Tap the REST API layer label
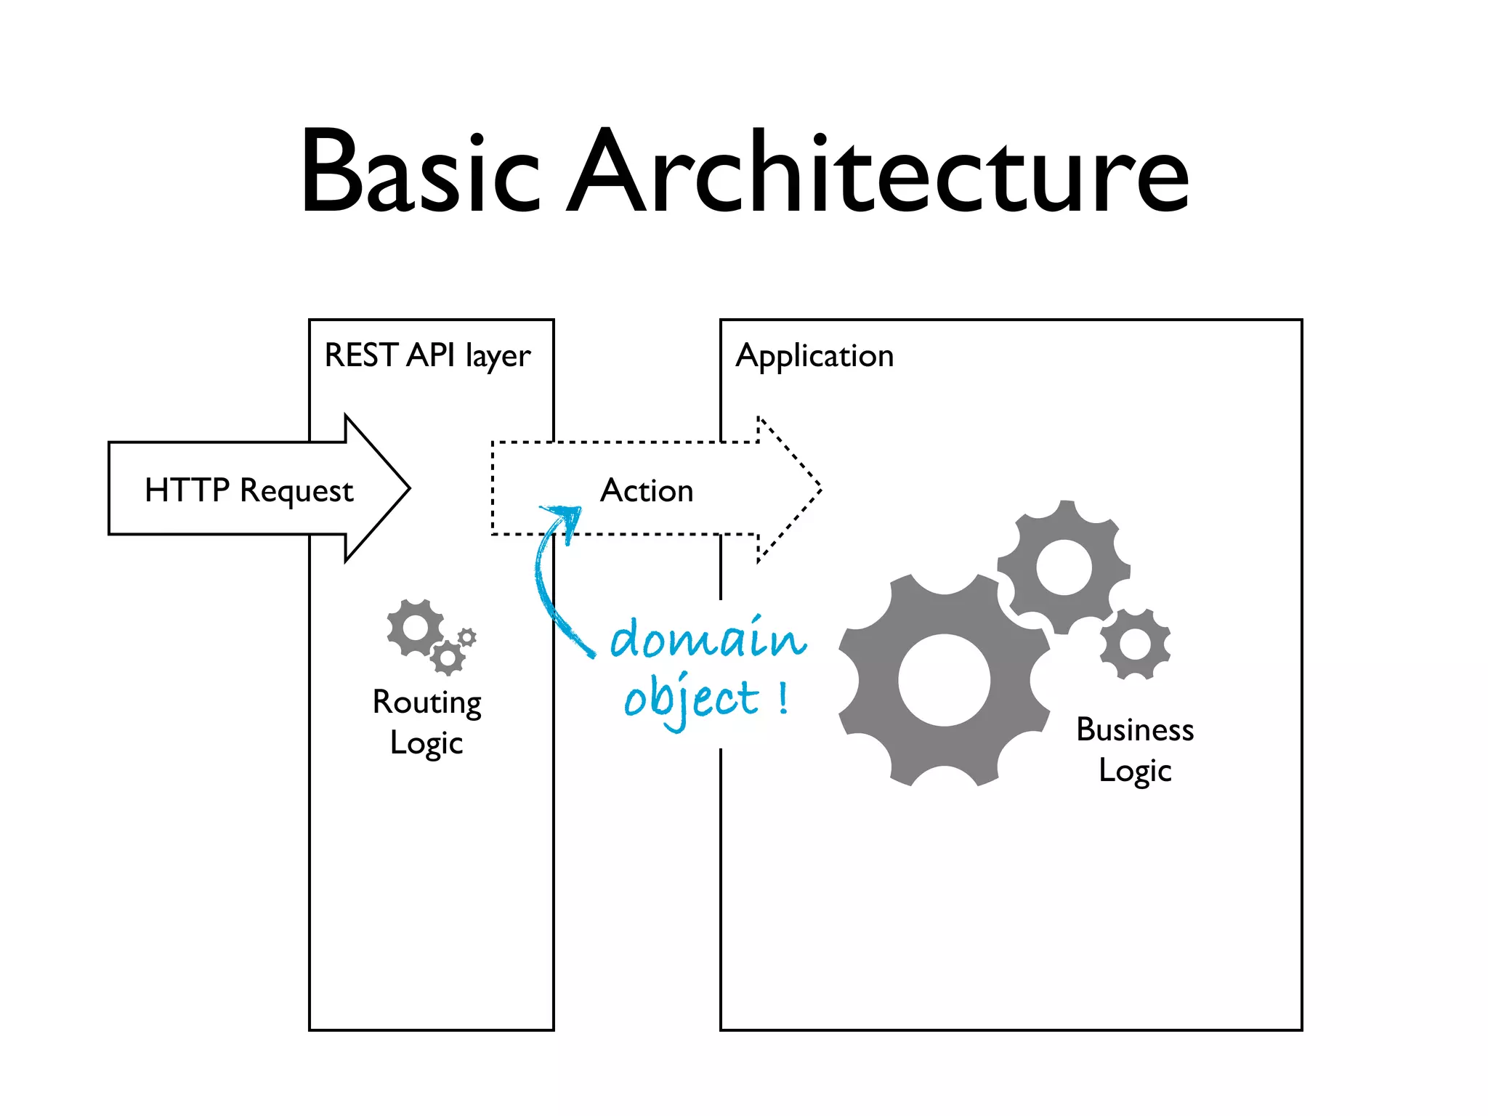pos(427,356)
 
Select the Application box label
pos(814,356)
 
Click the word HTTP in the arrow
pos(187,490)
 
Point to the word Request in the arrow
pos(296,491)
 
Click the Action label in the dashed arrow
pos(646,490)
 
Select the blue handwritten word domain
pos(708,639)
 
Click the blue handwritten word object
pos(690,699)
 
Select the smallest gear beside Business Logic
pos(1135,644)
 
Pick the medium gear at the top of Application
pos(1064,567)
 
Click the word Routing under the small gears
pos(426,703)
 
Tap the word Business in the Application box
pos(1135,729)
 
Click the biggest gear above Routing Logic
pos(415,628)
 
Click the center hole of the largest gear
pos(944,680)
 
